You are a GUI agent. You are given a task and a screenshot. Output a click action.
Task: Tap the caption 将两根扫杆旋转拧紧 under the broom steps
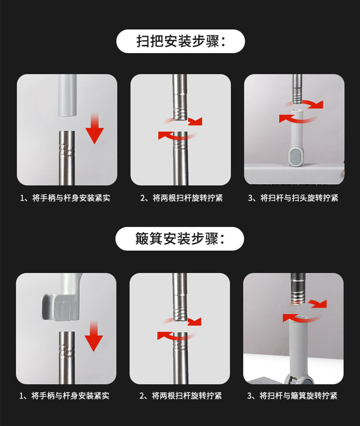pos(188,198)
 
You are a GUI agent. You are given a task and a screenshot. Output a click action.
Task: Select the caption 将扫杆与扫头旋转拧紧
pos(299,198)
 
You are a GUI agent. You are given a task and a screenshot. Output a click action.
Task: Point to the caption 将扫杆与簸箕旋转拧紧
pos(298,395)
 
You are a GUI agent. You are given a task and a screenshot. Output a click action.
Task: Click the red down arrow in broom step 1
pos(94,129)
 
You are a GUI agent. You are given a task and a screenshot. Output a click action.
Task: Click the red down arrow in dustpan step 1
pos(94,336)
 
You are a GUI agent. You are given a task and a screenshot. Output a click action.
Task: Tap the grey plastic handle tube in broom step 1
pos(67,95)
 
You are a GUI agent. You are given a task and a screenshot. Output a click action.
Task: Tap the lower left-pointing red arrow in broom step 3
pos(296,119)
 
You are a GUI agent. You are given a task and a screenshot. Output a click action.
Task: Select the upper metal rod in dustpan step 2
pos(180,297)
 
